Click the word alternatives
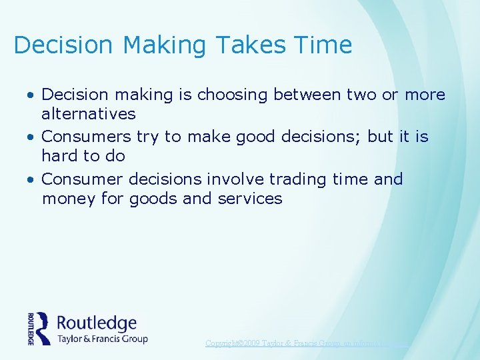tap(88, 114)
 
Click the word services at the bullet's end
tap(250, 199)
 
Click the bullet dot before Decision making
tap(31, 95)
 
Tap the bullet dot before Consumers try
tap(31, 137)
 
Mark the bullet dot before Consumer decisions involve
tap(31, 180)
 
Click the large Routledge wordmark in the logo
tap(97, 323)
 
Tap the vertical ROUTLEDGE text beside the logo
tap(31, 328)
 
